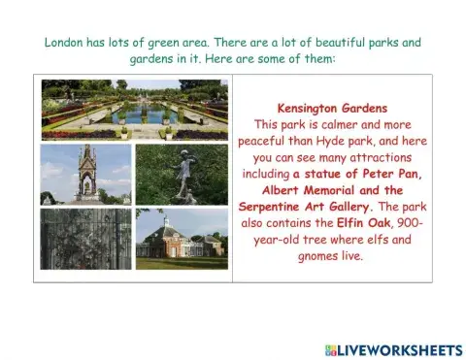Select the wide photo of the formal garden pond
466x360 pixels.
pyautogui.click(x=134, y=109)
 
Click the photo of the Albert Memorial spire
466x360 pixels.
pyautogui.click(x=86, y=175)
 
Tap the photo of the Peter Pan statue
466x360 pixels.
pyautogui.click(x=182, y=175)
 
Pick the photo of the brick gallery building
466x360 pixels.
pyautogui.click(x=182, y=239)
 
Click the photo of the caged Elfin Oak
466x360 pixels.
pyautogui.click(x=86, y=239)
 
